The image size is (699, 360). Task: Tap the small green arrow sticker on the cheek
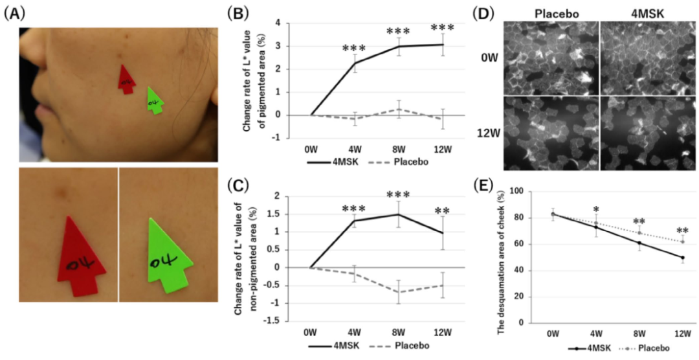pyautogui.click(x=155, y=101)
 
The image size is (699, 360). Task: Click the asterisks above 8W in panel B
pyautogui.click(x=399, y=32)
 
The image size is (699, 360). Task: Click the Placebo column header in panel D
pyautogui.click(x=553, y=12)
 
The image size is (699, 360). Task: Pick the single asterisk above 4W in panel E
pyautogui.click(x=595, y=210)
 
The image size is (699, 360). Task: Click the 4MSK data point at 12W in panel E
pyautogui.click(x=683, y=258)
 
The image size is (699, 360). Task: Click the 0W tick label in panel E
pyautogui.click(x=552, y=333)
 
